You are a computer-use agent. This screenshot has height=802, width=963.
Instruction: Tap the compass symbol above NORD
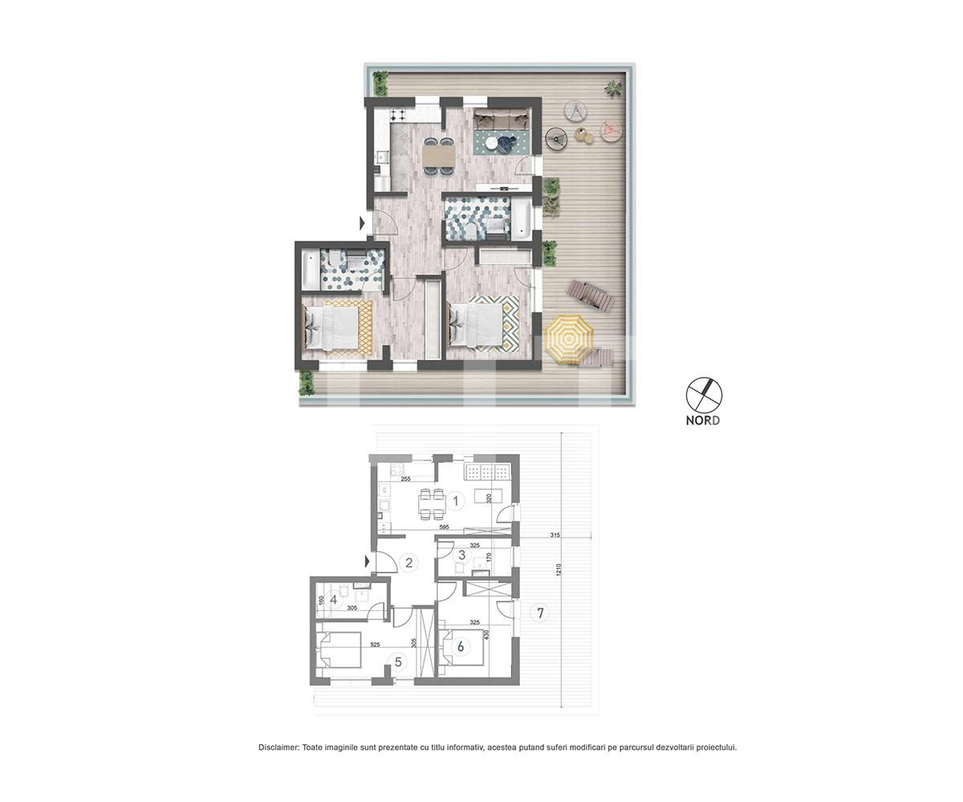tap(704, 395)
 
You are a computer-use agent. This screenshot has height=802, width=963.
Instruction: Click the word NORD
tap(703, 420)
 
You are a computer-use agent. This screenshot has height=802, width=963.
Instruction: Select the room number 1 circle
tap(456, 501)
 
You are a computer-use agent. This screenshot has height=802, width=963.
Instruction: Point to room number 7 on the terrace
tap(541, 614)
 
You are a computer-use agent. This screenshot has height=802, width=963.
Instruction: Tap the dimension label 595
tap(444, 527)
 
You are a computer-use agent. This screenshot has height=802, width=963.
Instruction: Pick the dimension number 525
tap(375, 643)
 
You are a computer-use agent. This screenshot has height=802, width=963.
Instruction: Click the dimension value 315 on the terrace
tap(555, 535)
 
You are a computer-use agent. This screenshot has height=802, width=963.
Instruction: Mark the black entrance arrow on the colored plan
tap(363, 223)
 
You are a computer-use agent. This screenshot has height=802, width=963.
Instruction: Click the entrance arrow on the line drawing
tap(368, 562)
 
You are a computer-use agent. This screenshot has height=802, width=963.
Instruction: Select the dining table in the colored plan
tap(438, 152)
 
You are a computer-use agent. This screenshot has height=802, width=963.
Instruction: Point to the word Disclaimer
tap(278, 747)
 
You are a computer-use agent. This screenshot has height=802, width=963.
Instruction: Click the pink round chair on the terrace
tap(610, 128)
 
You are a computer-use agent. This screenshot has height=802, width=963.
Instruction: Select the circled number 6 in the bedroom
tap(461, 646)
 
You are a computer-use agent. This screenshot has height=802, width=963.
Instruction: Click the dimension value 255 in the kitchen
tap(405, 479)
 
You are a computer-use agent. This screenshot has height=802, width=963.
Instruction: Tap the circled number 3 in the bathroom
tap(461, 555)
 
